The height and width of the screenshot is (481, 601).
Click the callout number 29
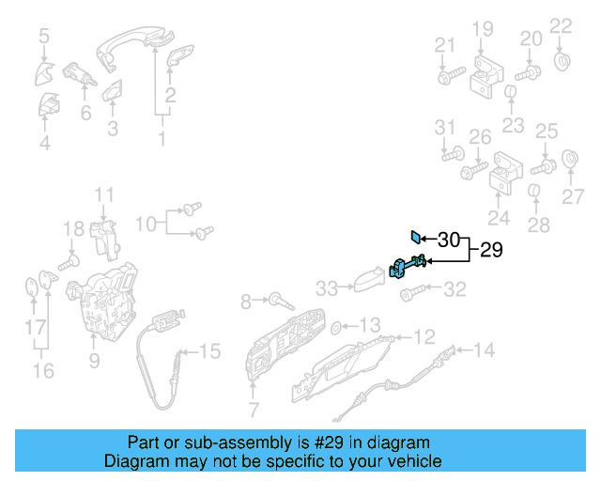[x=492, y=251]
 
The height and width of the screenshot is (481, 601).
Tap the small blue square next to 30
[x=414, y=237]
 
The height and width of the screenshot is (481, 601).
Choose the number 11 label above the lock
[x=103, y=195]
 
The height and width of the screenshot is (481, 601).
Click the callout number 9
[x=93, y=359]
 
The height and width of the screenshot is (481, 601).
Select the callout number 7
[x=253, y=409]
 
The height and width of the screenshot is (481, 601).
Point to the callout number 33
[x=326, y=287]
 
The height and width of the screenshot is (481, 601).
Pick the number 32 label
[x=455, y=289]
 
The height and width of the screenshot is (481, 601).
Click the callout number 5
[x=43, y=37]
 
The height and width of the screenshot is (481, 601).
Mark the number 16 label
[x=43, y=370]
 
